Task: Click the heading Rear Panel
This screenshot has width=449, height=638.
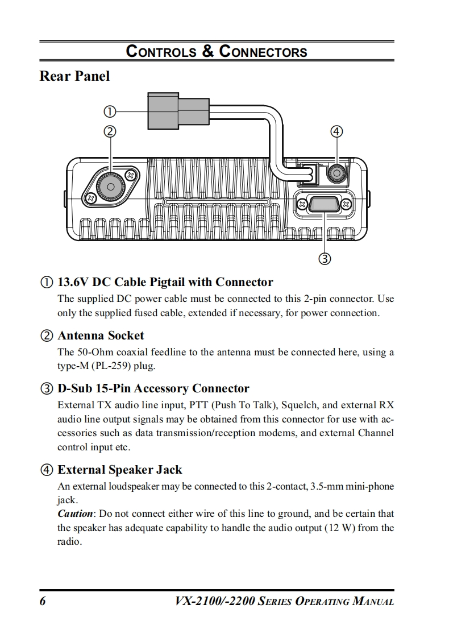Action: [x=74, y=76]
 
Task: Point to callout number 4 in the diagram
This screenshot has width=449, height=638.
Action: [x=336, y=131]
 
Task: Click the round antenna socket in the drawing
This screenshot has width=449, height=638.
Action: [x=111, y=186]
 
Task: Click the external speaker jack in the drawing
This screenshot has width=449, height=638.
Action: [x=336, y=172]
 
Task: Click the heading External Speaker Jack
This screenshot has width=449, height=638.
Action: [x=120, y=470]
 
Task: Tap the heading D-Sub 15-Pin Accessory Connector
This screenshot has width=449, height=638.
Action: [x=153, y=389]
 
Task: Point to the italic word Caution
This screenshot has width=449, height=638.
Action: [x=74, y=513]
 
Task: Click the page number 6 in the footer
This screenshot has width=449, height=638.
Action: [x=43, y=602]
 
